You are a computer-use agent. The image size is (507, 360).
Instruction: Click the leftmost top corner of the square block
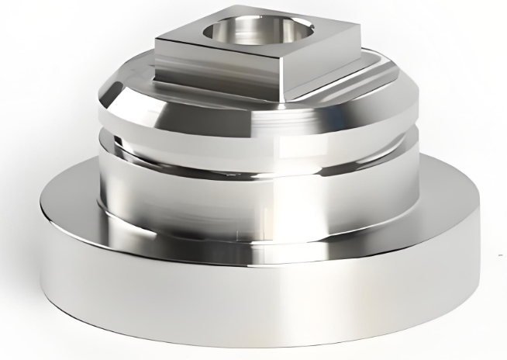(157, 40)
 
